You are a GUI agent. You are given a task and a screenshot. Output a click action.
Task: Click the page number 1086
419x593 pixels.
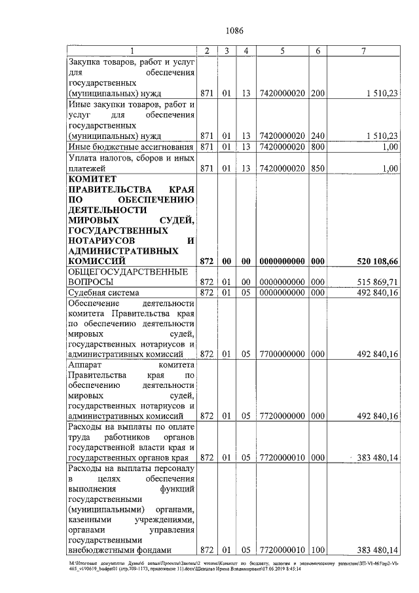point(234,30)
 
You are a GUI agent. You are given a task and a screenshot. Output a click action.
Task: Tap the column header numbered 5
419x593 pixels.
point(282,51)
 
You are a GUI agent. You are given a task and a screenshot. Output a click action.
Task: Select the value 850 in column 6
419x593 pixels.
point(318,168)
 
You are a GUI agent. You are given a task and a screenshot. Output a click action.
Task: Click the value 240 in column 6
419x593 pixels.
point(318,136)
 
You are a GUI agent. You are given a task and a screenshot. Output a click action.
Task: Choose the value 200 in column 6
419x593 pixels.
point(318,94)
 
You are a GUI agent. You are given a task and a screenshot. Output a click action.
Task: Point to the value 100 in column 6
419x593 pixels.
point(318,549)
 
